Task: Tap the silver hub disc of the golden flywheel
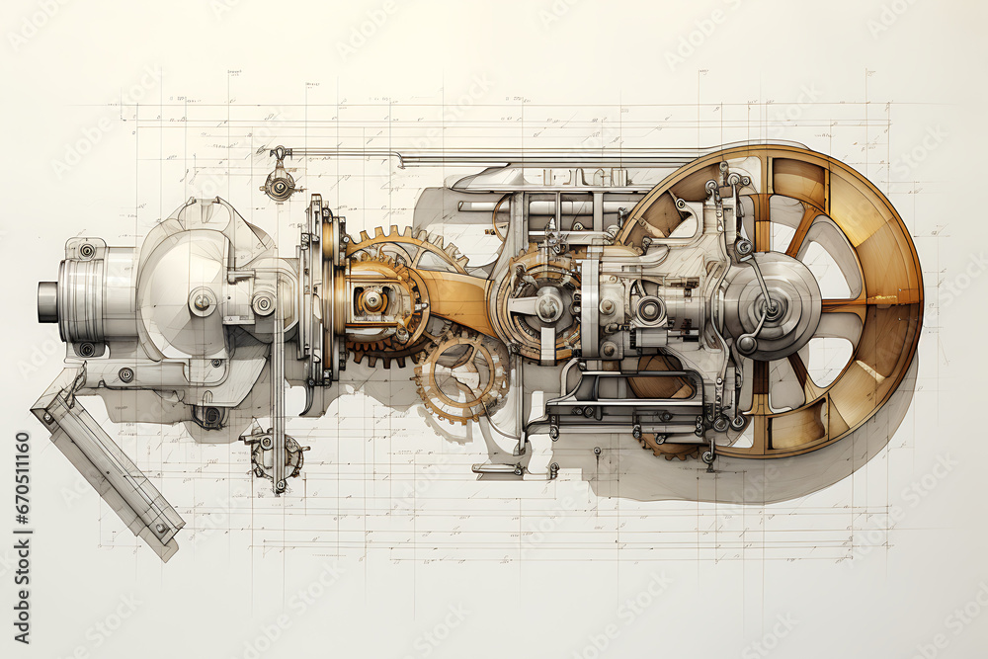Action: (771, 306)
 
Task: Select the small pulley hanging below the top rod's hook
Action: (280, 185)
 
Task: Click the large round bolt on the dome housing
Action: (203, 301)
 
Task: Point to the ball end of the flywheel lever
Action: (747, 344)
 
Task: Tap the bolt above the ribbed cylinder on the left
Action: (87, 251)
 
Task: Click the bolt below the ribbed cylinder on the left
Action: (87, 348)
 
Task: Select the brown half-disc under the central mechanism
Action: (660, 380)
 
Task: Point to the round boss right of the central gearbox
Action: (650, 310)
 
